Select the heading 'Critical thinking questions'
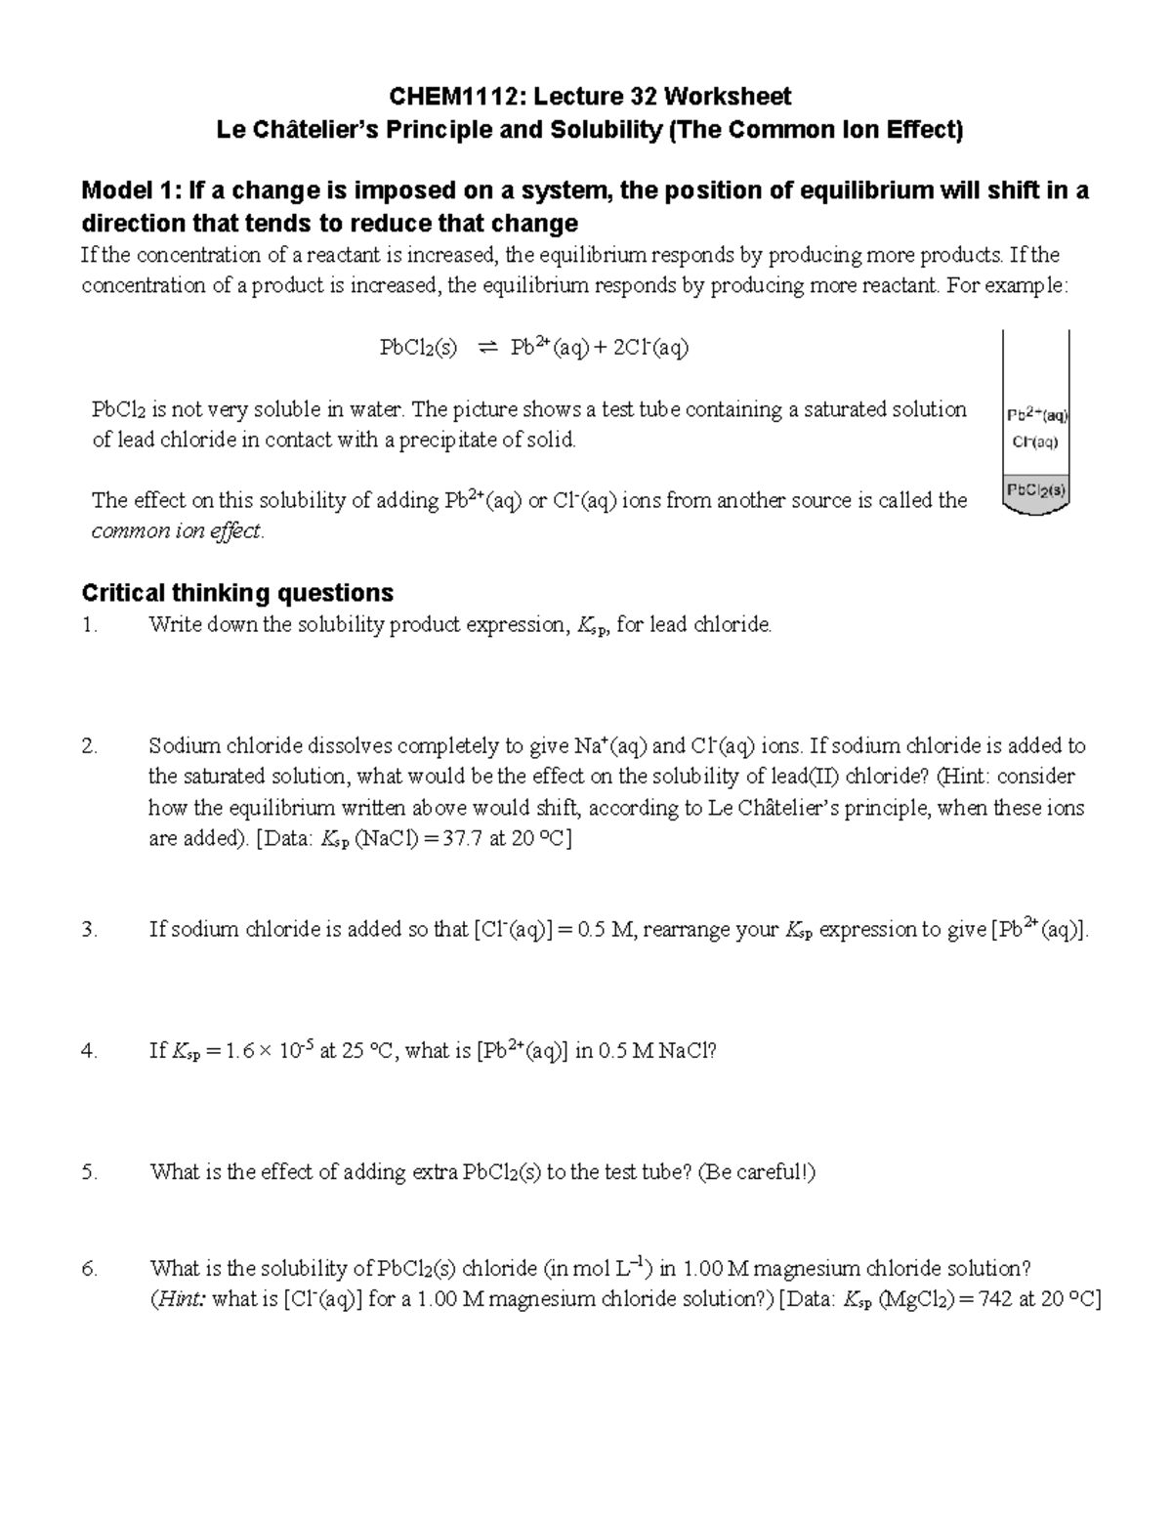point(237,593)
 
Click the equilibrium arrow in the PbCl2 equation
point(486,348)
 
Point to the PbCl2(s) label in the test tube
point(1036,489)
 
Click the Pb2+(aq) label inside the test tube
point(1037,414)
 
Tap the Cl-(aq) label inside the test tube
point(1035,442)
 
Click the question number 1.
point(89,625)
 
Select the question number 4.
point(89,1051)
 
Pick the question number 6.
point(89,1269)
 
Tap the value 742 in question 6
point(992,1300)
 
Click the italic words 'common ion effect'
point(177,531)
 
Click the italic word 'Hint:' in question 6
point(178,1300)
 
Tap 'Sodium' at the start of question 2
point(185,746)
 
